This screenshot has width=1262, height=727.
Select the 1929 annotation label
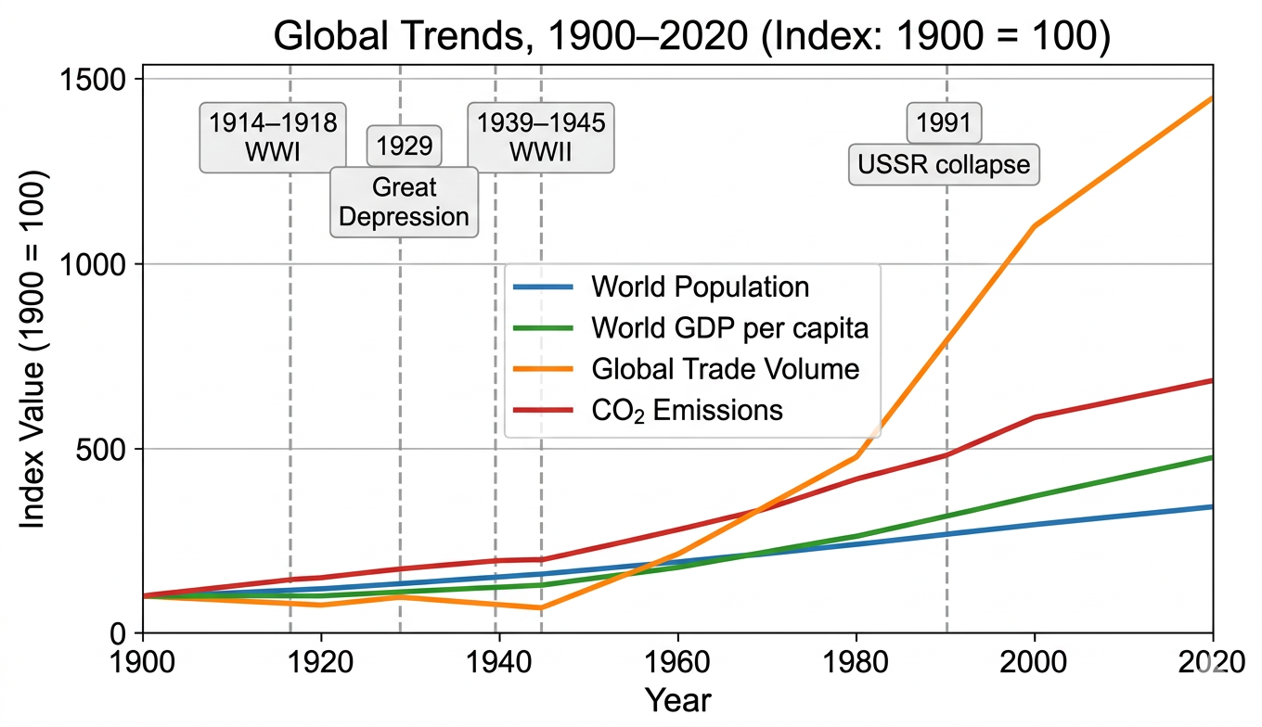pyautogui.click(x=405, y=146)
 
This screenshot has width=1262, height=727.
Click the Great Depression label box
pyautogui.click(x=405, y=202)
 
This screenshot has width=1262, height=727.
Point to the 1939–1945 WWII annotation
pyautogui.click(x=540, y=136)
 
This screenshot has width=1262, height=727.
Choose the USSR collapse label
pyautogui.click(x=944, y=165)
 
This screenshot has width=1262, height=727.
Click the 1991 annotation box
pyautogui.click(x=944, y=122)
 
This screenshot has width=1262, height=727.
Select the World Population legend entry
pyautogui.click(x=700, y=287)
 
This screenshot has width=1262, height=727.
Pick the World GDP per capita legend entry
pyautogui.click(x=729, y=327)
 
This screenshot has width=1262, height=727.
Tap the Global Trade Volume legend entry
pyautogui.click(x=725, y=368)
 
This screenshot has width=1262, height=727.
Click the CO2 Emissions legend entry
pyautogui.click(x=687, y=410)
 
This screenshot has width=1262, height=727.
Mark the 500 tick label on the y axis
pyautogui.click(x=103, y=449)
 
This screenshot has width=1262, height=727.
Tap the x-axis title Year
pyautogui.click(x=677, y=700)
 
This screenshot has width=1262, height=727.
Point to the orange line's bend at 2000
pyautogui.click(x=1034, y=226)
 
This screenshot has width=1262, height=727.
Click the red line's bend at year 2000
pyautogui.click(x=1034, y=417)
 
